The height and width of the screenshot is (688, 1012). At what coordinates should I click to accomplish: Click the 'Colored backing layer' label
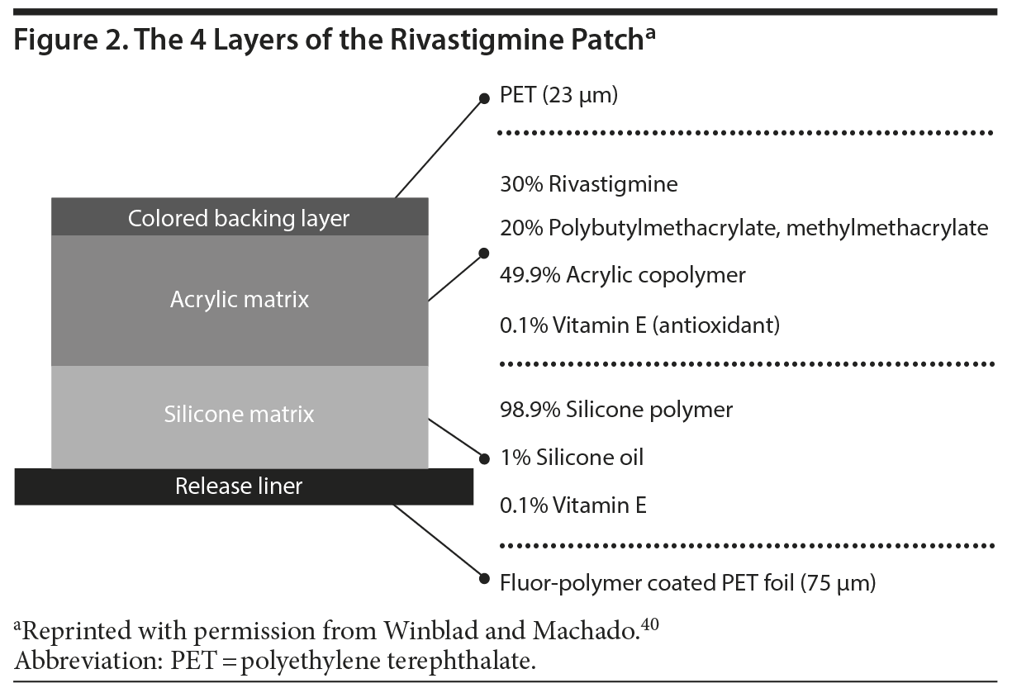coord(239,218)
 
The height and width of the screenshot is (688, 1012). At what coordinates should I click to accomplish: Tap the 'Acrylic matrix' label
coord(240,299)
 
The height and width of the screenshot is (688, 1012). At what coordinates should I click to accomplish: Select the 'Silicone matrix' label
coord(239,413)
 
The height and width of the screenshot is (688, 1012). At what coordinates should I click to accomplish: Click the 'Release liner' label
coord(239,486)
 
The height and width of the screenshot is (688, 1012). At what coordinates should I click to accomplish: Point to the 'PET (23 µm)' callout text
coord(558,96)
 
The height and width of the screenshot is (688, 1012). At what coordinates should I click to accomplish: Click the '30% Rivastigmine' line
coord(588,184)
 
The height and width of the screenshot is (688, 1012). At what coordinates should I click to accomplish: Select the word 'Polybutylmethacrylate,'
coord(663,228)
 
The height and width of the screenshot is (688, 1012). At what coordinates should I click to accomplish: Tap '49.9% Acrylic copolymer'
coord(622,275)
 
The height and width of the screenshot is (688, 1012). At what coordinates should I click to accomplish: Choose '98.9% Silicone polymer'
coord(615,410)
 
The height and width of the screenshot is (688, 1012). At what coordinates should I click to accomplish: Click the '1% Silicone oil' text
coord(571,458)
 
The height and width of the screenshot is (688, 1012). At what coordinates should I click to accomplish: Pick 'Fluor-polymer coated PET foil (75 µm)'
coord(687,583)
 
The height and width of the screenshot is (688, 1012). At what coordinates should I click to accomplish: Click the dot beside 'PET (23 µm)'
coord(485,98)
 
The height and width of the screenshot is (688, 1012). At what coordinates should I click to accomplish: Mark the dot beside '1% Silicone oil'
coord(485,458)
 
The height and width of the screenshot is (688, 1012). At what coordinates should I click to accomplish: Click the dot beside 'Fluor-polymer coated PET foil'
coord(485,578)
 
